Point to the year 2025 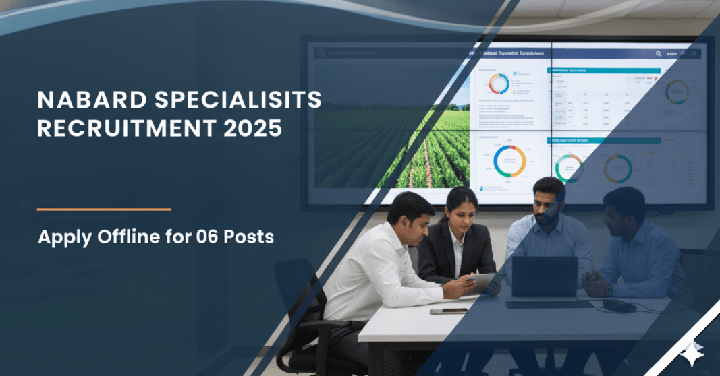pyautogui.click(x=251, y=127)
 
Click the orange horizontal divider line pyautogui.click(x=104, y=210)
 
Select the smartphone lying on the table pyautogui.click(x=448, y=311)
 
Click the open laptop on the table pyautogui.click(x=544, y=277)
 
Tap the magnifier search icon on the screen pyautogui.click(x=658, y=54)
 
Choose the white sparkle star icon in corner pyautogui.click(x=691, y=352)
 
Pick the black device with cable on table pyautogui.click(x=619, y=305)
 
